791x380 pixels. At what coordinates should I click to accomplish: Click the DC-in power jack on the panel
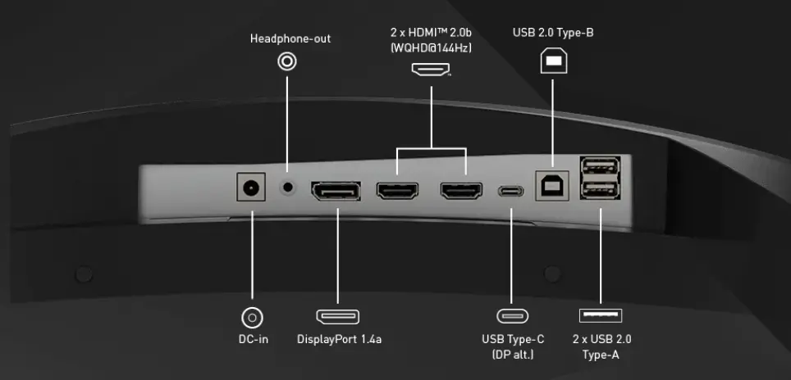pyautogui.click(x=251, y=189)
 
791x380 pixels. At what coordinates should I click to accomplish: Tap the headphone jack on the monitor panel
pyautogui.click(x=287, y=187)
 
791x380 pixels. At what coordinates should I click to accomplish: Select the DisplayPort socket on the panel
pyautogui.click(x=336, y=192)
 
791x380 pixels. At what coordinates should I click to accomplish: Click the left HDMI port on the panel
pyautogui.click(x=397, y=191)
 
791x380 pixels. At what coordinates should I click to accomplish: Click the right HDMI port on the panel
pyautogui.click(x=461, y=192)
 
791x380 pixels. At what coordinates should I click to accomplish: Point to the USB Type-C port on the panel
pyautogui.click(x=511, y=192)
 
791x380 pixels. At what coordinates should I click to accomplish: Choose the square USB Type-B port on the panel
pyautogui.click(x=551, y=187)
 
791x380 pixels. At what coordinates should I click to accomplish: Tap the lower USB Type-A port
pyautogui.click(x=600, y=192)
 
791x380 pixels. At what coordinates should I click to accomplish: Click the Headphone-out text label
pyautogui.click(x=290, y=38)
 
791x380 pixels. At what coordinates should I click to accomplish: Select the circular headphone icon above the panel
pyautogui.click(x=287, y=61)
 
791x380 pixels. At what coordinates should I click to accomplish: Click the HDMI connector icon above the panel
pyautogui.click(x=432, y=70)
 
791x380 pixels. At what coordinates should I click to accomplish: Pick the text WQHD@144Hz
pyautogui.click(x=432, y=47)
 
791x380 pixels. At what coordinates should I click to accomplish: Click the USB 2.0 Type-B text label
pyautogui.click(x=553, y=33)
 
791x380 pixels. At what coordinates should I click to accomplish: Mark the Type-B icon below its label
pyautogui.click(x=553, y=61)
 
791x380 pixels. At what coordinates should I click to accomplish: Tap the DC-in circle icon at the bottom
pyautogui.click(x=252, y=317)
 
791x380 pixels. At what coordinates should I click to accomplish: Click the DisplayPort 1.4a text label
pyautogui.click(x=339, y=339)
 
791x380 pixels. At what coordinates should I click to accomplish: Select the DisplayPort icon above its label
pyautogui.click(x=338, y=316)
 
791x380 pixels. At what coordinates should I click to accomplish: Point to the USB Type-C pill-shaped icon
pyautogui.click(x=512, y=316)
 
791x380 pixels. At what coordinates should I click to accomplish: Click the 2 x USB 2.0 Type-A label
pyautogui.click(x=601, y=346)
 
